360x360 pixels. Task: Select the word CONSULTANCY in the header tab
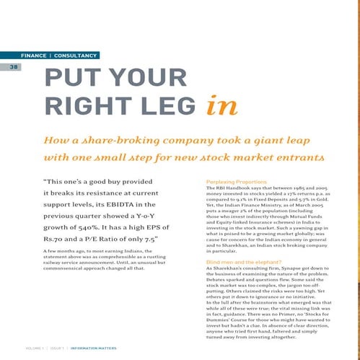click(76, 55)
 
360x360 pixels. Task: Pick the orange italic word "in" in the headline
click(221, 106)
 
